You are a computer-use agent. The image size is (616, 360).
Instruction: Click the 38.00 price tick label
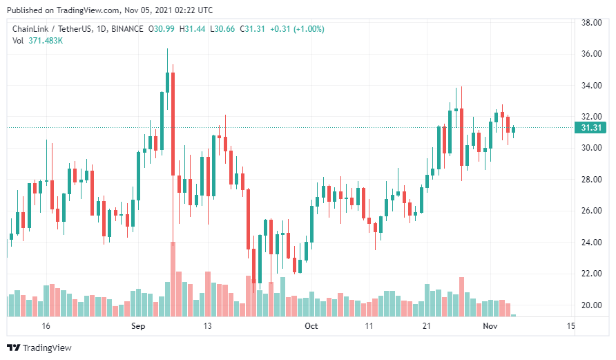point(591,22)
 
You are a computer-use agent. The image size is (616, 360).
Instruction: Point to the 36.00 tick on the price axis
point(591,54)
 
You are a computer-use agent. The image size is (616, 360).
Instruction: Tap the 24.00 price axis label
point(591,243)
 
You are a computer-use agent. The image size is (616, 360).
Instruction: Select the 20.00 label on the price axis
point(591,305)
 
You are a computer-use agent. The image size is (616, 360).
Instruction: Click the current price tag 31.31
point(591,128)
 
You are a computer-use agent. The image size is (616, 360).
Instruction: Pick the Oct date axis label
point(311,325)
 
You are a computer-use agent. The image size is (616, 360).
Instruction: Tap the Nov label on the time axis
point(490,325)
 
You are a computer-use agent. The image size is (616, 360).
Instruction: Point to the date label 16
point(46,325)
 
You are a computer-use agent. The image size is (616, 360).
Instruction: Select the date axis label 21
point(427,325)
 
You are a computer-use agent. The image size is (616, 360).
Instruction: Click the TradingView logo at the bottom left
point(39,348)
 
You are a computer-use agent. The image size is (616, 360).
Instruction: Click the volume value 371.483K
point(46,41)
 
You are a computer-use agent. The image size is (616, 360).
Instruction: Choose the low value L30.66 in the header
point(223,29)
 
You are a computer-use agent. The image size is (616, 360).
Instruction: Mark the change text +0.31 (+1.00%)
point(297,29)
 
